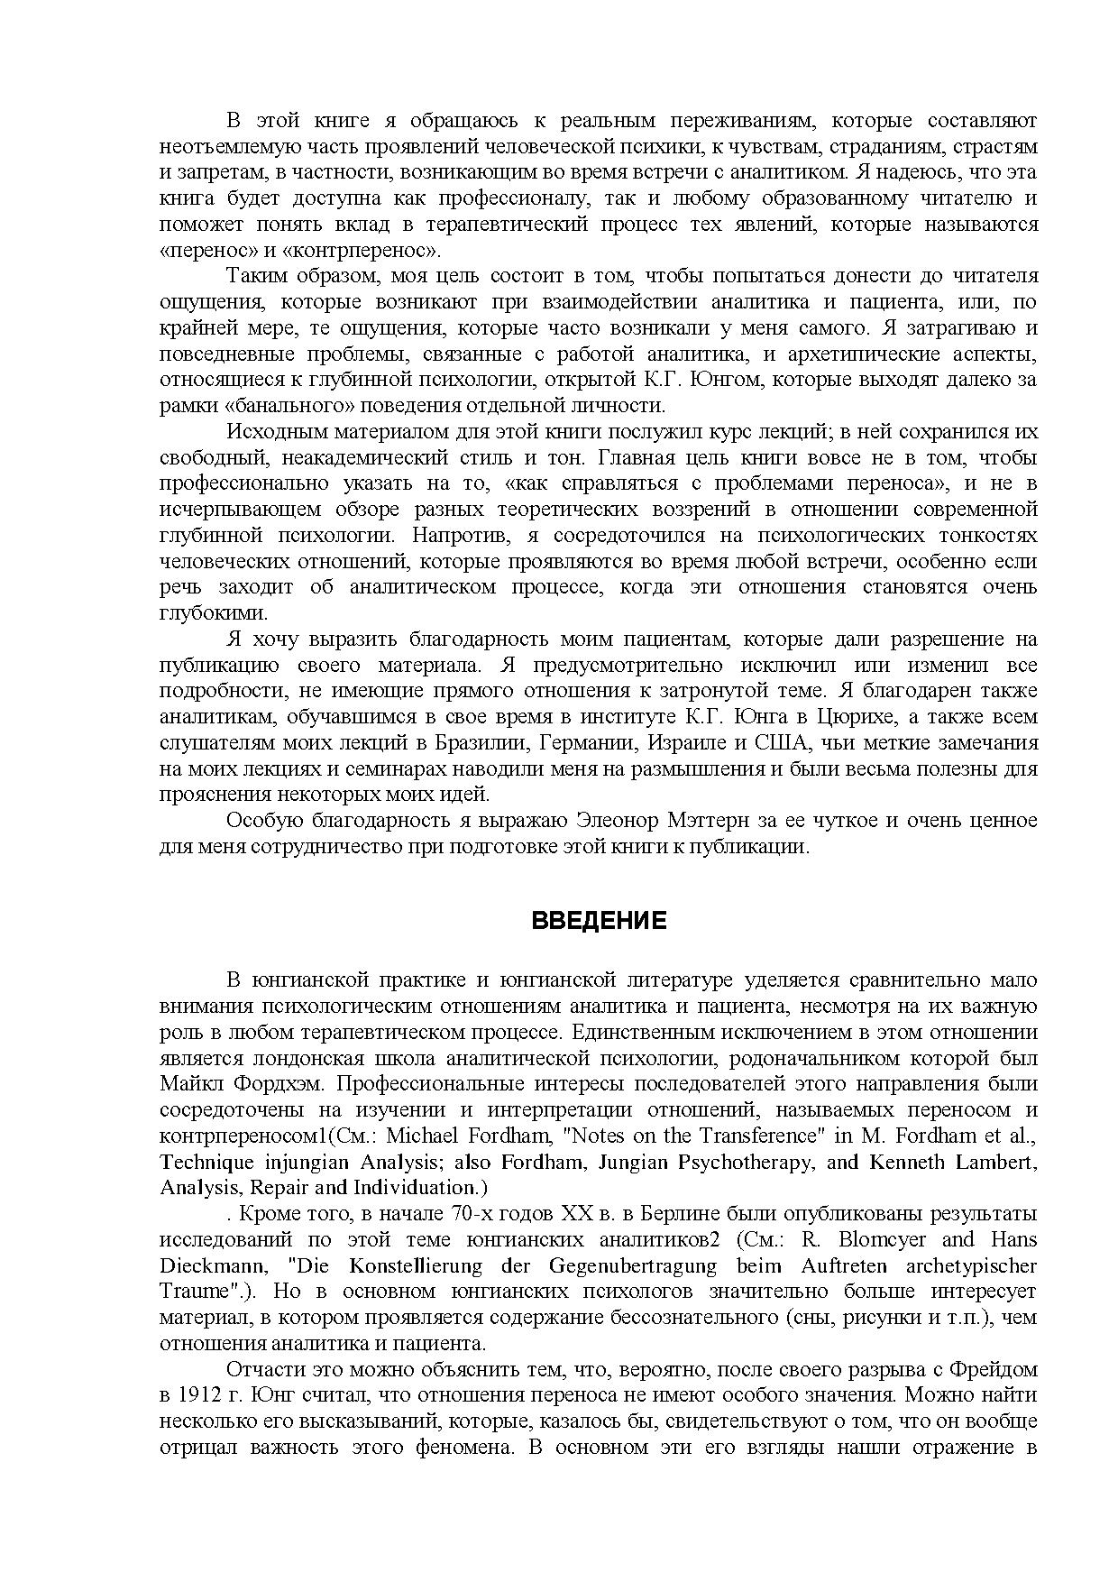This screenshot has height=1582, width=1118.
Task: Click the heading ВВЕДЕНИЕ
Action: pos(599,921)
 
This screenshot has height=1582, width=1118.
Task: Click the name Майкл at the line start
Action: pos(188,1083)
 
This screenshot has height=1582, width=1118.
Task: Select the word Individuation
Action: pos(411,1188)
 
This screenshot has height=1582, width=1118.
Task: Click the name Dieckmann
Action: pos(207,1265)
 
